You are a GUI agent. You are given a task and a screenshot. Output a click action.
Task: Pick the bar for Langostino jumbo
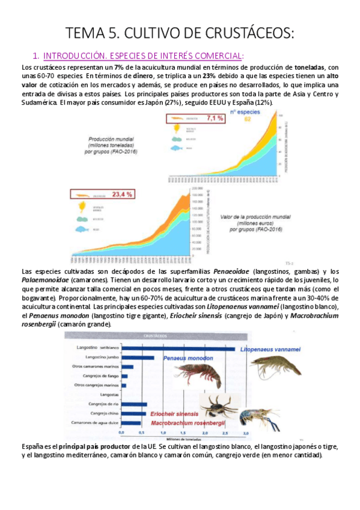point(138,357)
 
